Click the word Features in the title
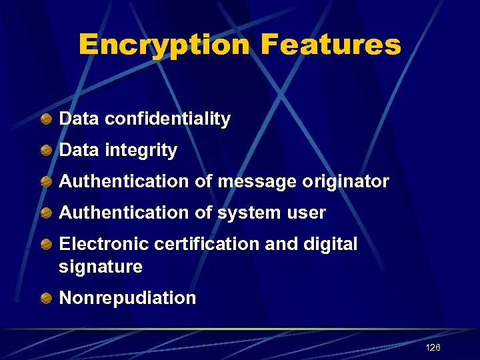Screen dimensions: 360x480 point(331,45)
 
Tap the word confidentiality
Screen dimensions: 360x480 point(167,119)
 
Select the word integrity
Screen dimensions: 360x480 point(141,151)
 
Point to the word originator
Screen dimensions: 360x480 point(345,181)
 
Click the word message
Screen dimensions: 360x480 point(261,181)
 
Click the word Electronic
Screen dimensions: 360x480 point(104,244)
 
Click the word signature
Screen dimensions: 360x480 point(101,267)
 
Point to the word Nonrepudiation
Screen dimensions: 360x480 point(127,298)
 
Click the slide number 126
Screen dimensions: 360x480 point(433,348)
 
